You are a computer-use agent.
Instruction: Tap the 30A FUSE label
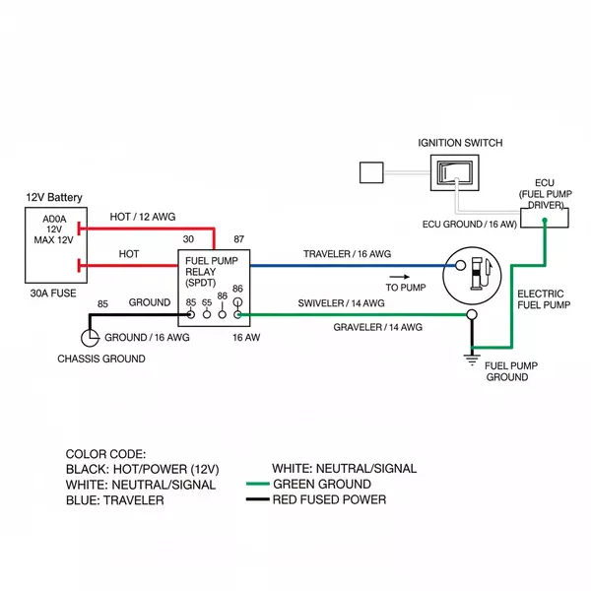click(x=52, y=293)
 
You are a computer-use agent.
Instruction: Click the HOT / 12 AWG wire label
click(x=143, y=217)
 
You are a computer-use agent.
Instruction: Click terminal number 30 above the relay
click(x=188, y=239)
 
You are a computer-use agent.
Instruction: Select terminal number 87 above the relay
click(x=238, y=239)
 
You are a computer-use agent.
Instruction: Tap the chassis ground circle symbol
click(x=90, y=337)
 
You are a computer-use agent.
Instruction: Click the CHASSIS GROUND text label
click(x=101, y=359)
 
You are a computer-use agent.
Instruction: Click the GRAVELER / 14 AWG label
click(x=377, y=326)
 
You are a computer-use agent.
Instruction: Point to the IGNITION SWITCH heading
click(x=459, y=143)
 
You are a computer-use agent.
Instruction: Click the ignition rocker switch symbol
click(x=455, y=173)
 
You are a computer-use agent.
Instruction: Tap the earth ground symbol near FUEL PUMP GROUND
click(x=470, y=357)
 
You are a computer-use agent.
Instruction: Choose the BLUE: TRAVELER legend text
click(x=114, y=500)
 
